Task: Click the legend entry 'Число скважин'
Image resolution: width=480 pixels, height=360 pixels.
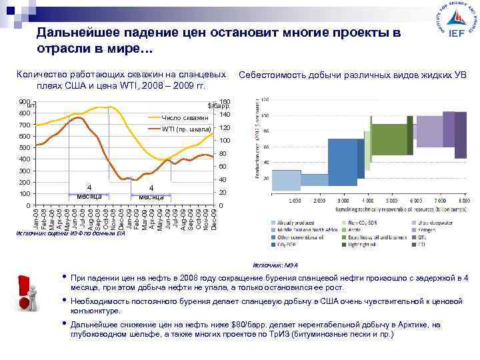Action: pyautogui.click(x=185, y=117)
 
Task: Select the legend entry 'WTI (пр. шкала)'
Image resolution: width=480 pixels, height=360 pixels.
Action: pyautogui.click(x=186, y=128)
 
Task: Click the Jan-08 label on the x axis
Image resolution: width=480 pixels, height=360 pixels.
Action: pyautogui.click(x=37, y=220)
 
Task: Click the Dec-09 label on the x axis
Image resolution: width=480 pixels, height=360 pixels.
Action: pyautogui.click(x=214, y=220)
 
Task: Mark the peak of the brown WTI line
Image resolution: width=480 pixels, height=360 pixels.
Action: pyautogui.click(x=79, y=117)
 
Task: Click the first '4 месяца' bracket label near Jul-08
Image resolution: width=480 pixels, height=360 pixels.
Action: pyautogui.click(x=88, y=191)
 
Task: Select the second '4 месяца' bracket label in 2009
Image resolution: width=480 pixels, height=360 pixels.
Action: pyautogui.click(x=152, y=193)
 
